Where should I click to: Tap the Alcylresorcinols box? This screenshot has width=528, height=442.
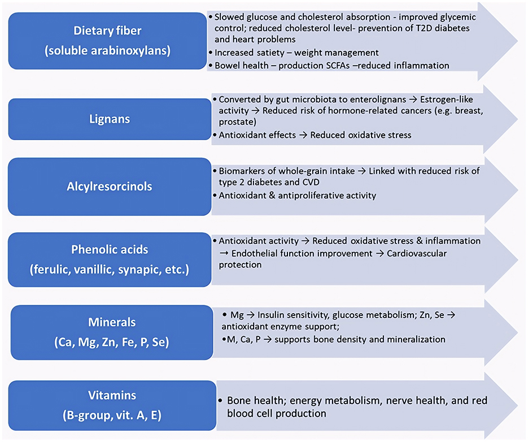(106, 187)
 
